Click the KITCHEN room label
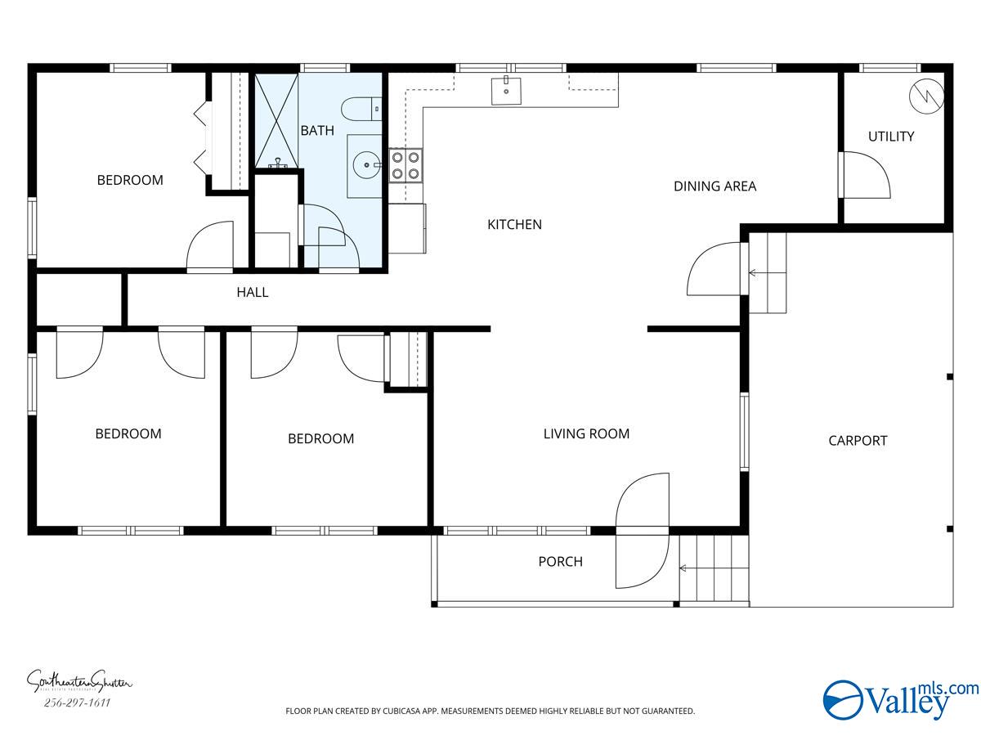point(514,224)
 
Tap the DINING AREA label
point(714,186)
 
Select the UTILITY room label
point(891,137)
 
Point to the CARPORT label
point(858,441)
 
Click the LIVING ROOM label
point(586,433)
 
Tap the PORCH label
point(560,562)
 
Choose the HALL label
point(253,292)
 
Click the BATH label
point(317,130)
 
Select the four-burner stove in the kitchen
point(405,164)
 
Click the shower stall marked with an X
point(277,121)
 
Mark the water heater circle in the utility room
point(927,95)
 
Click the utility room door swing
point(865,173)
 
